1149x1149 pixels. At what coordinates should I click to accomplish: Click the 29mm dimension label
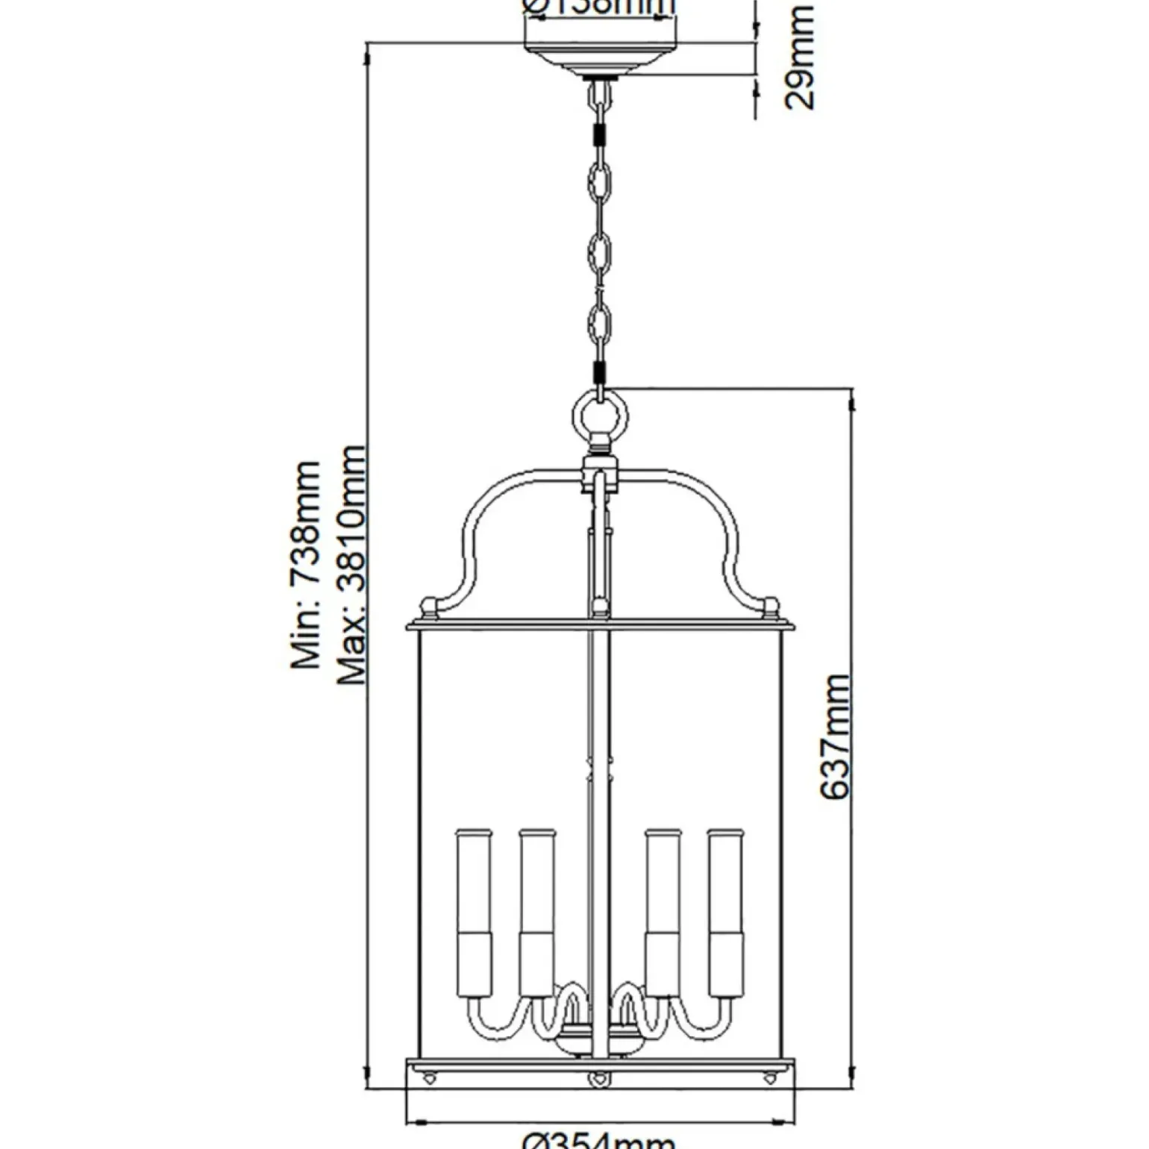click(x=799, y=57)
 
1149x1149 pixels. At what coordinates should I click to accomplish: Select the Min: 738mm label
click(x=306, y=565)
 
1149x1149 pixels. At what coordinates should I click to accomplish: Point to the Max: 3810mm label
click(x=351, y=565)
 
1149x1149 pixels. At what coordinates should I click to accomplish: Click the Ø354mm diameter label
click(x=599, y=1139)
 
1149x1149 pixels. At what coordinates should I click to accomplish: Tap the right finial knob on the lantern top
click(x=770, y=606)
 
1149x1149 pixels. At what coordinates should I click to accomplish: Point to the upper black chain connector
click(x=599, y=137)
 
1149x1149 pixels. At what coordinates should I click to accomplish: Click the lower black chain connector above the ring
click(x=599, y=372)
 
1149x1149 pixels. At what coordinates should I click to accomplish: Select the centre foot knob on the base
click(x=598, y=1077)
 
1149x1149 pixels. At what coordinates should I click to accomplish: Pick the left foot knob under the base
click(x=431, y=1077)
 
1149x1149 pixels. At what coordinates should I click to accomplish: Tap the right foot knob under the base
click(x=768, y=1077)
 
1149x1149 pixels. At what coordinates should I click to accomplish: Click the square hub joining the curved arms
click(x=599, y=475)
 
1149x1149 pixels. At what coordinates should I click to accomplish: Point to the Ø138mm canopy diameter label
click(x=599, y=7)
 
